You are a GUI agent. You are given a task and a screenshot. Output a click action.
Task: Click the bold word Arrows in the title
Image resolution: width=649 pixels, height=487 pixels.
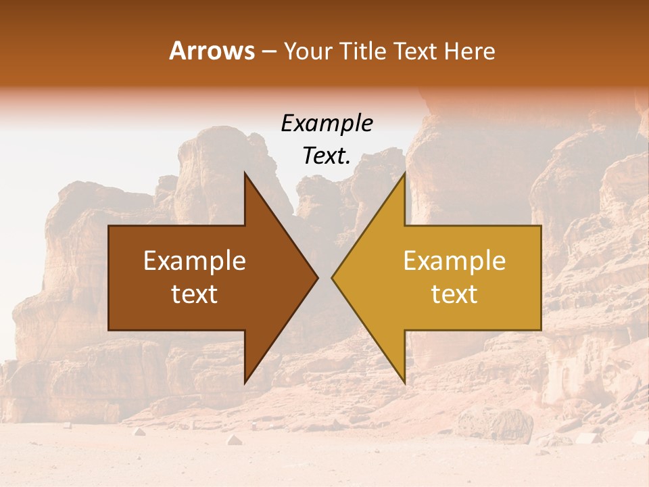tap(212, 51)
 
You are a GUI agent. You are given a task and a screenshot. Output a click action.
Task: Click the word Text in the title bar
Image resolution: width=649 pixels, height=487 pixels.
tap(418, 51)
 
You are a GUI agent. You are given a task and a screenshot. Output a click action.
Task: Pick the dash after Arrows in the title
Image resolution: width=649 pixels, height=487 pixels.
tap(268, 52)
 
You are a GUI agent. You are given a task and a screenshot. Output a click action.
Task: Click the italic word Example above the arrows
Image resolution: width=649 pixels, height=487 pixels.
tap(327, 124)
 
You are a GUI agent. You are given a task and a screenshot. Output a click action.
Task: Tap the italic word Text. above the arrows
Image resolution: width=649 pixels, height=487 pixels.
tap(327, 156)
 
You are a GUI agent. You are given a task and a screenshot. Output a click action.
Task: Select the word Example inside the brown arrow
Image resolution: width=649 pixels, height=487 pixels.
tap(195, 261)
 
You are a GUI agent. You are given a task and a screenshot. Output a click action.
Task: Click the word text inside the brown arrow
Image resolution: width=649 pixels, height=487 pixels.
tap(195, 294)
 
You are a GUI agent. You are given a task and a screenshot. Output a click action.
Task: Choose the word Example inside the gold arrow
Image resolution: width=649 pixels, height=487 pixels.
tap(454, 261)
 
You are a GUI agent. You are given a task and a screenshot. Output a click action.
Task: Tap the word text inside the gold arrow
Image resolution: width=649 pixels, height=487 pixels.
tap(454, 294)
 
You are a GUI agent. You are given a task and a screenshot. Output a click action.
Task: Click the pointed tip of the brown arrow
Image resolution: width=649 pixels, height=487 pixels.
tap(317, 277)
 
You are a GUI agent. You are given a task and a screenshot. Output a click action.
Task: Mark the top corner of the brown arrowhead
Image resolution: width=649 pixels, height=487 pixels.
tap(245, 173)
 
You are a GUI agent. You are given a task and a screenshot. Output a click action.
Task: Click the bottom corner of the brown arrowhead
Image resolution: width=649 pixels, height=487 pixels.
tap(245, 383)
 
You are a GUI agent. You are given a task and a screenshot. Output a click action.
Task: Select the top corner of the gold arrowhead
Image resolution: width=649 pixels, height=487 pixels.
tap(404, 173)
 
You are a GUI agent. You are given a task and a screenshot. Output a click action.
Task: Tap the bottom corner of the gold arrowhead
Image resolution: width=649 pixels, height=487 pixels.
tap(404, 383)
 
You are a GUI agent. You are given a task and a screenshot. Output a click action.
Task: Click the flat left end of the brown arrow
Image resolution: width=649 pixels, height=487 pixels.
tap(110, 277)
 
